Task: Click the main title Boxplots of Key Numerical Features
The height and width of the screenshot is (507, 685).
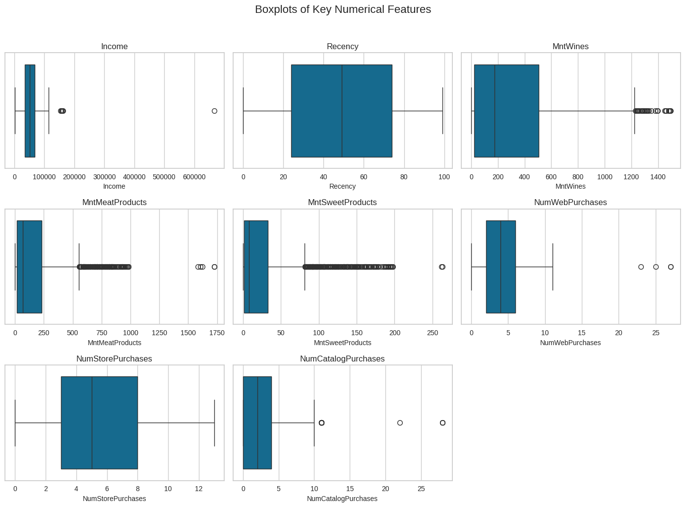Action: [343, 9]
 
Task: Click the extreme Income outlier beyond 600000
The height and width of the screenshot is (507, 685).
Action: [214, 111]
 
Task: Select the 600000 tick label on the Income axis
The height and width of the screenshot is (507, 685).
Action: [194, 177]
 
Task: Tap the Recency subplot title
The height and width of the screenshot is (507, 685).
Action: [342, 47]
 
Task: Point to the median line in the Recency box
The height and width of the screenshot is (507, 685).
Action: [342, 111]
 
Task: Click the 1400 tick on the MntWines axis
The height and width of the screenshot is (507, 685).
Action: [658, 177]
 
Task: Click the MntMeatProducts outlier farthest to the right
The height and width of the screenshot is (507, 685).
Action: [214, 267]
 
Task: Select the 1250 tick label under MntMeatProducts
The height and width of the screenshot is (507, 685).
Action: [159, 333]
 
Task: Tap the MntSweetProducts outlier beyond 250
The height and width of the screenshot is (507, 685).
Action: [442, 267]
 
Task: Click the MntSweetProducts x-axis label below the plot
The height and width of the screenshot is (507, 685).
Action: [342, 343]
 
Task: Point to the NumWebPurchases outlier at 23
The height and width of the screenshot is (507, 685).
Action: [641, 267]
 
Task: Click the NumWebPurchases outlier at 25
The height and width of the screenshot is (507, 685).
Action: [656, 267]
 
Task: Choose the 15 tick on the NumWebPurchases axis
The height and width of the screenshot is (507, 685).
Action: [582, 333]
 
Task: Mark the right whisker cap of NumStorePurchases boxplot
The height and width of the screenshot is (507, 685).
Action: [214, 423]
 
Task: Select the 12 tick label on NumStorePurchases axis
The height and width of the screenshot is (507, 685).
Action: [199, 489]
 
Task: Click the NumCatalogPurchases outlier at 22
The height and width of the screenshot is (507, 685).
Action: [400, 423]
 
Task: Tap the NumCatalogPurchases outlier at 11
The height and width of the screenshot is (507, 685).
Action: [321, 423]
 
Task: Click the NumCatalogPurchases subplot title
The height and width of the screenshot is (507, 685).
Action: [342, 359]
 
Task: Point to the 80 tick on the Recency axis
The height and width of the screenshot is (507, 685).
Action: [404, 177]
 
